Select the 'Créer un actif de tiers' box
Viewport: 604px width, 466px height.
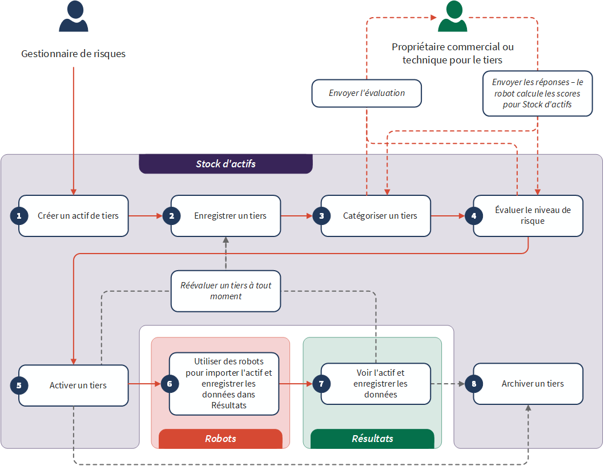click(x=74, y=216)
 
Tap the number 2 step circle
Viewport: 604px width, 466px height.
click(x=171, y=216)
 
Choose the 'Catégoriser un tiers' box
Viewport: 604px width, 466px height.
click(x=376, y=216)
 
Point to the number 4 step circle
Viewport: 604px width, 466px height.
click(x=474, y=216)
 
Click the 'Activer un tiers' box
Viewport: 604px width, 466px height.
click(x=74, y=385)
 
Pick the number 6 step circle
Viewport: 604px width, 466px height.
click(x=170, y=384)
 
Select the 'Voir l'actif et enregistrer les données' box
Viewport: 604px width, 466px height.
click(x=376, y=384)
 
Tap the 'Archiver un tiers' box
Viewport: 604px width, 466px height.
click(x=528, y=384)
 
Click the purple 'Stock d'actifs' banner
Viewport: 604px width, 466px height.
click(x=226, y=164)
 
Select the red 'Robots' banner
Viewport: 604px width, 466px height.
click(x=220, y=439)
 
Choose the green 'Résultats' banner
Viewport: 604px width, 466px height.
click(x=372, y=439)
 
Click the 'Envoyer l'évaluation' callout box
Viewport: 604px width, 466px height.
click(x=367, y=93)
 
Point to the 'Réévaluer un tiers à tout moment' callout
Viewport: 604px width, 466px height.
click(x=226, y=291)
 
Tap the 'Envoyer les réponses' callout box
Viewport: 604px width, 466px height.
click(x=538, y=93)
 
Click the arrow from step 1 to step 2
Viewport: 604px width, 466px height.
click(x=146, y=216)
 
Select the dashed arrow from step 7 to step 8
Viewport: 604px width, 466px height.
click(x=448, y=384)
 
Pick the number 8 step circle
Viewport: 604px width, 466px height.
click(x=474, y=384)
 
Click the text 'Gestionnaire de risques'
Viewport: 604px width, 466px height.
click(x=73, y=54)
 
